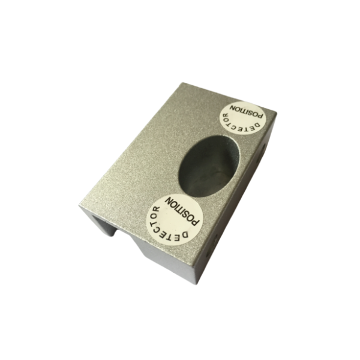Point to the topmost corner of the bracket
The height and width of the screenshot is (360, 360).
coord(178,83)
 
